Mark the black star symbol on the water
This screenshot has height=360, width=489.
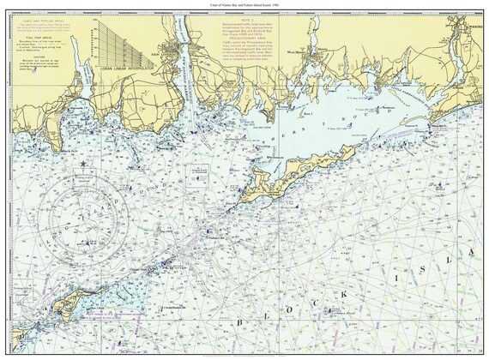82,163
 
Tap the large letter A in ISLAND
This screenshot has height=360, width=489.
469,249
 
